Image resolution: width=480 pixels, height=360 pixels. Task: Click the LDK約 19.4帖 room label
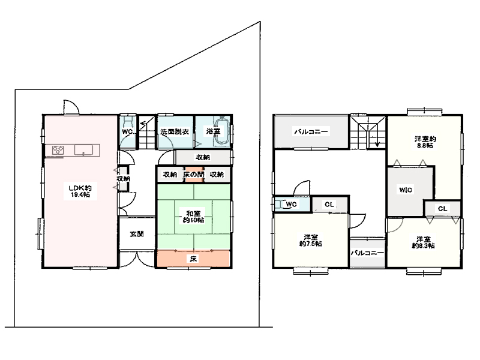80,191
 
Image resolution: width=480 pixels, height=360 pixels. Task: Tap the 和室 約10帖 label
193,217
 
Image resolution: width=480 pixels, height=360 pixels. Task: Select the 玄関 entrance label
137,234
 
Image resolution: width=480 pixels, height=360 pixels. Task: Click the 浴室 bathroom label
213,131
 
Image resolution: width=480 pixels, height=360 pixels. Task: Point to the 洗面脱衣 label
175,131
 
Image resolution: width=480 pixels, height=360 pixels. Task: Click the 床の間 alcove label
193,175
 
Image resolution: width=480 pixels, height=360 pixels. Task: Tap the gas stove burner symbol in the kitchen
58,151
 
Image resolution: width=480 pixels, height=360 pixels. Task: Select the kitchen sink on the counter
83,151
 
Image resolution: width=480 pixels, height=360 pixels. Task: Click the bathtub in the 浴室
221,131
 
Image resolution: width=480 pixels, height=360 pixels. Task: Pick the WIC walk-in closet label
406,190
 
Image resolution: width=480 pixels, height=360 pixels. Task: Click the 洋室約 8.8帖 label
425,142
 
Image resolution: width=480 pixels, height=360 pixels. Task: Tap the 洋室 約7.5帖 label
310,241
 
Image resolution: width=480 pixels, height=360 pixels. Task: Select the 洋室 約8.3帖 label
424,242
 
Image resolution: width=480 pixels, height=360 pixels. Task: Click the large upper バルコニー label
311,131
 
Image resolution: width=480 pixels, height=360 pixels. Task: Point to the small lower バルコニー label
367,253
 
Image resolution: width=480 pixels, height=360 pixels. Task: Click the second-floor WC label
292,204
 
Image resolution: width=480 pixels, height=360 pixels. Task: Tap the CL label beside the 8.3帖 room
443,209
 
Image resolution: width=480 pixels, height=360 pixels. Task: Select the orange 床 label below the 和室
193,259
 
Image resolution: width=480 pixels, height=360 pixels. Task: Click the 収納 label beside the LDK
124,178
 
